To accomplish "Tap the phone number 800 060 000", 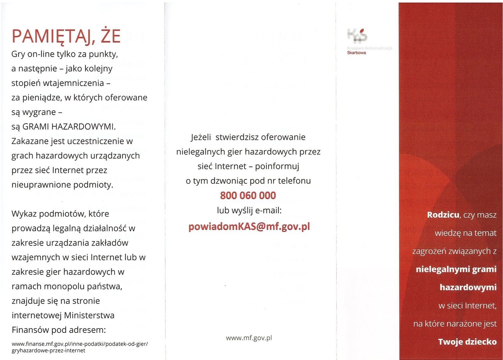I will click(248, 195).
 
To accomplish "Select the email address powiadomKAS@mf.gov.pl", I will click(249, 226).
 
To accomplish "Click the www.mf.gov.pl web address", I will click(249, 338).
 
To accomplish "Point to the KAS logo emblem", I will click(357, 36).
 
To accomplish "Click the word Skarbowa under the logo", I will click(356, 53).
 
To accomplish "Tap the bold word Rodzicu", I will click(443, 215).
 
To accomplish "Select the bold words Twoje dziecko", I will click(467, 342).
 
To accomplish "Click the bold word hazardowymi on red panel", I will click(468, 287).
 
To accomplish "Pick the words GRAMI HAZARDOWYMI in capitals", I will click(69, 127).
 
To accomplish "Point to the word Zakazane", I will click(30, 141).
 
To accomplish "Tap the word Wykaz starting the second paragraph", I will click(24, 214).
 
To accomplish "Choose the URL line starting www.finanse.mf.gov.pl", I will click(80, 344).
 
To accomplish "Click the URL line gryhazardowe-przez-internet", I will click(48, 351).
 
